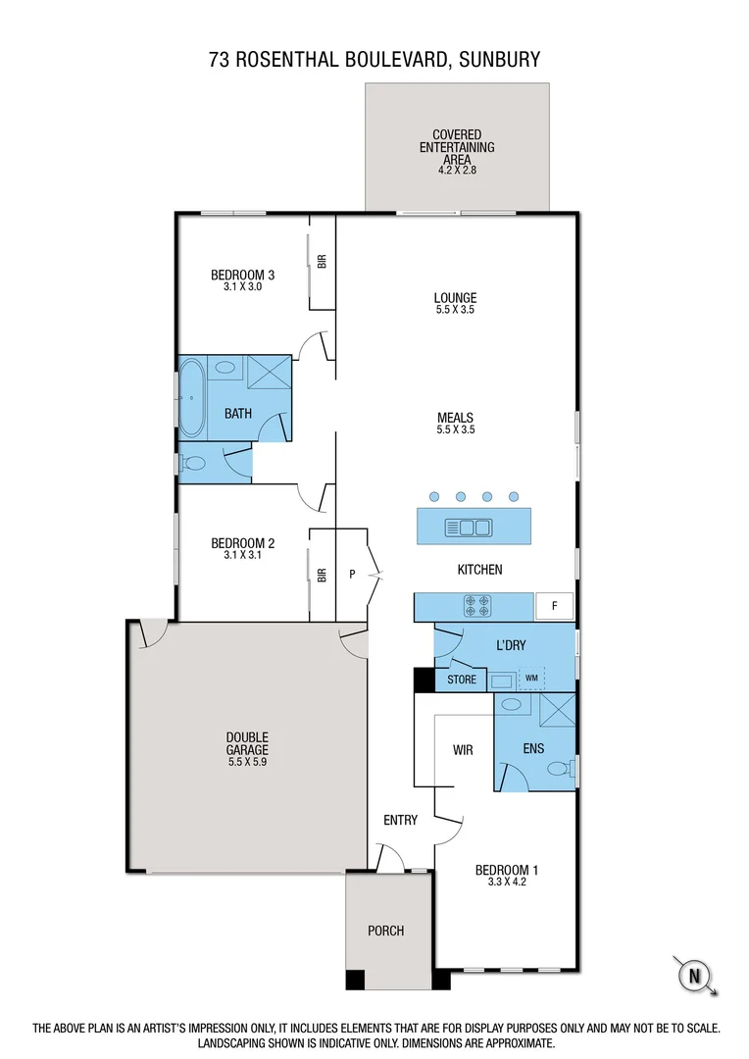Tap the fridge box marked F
[x=554, y=606]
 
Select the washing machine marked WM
[x=531, y=678]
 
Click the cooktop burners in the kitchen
[x=477, y=606]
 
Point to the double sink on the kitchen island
[x=469, y=528]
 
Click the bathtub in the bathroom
[x=191, y=399]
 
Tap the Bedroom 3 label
[x=242, y=275]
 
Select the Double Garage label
[x=247, y=743]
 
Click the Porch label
[x=385, y=931]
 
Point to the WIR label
[x=463, y=750]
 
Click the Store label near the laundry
[x=462, y=680]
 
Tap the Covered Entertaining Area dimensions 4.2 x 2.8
[x=457, y=170]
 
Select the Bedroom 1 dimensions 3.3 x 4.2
[x=507, y=882]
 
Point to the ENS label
[x=533, y=749]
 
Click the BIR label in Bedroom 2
[x=322, y=575]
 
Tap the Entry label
[x=400, y=820]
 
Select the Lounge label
[x=455, y=298]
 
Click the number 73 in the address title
[x=220, y=60]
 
